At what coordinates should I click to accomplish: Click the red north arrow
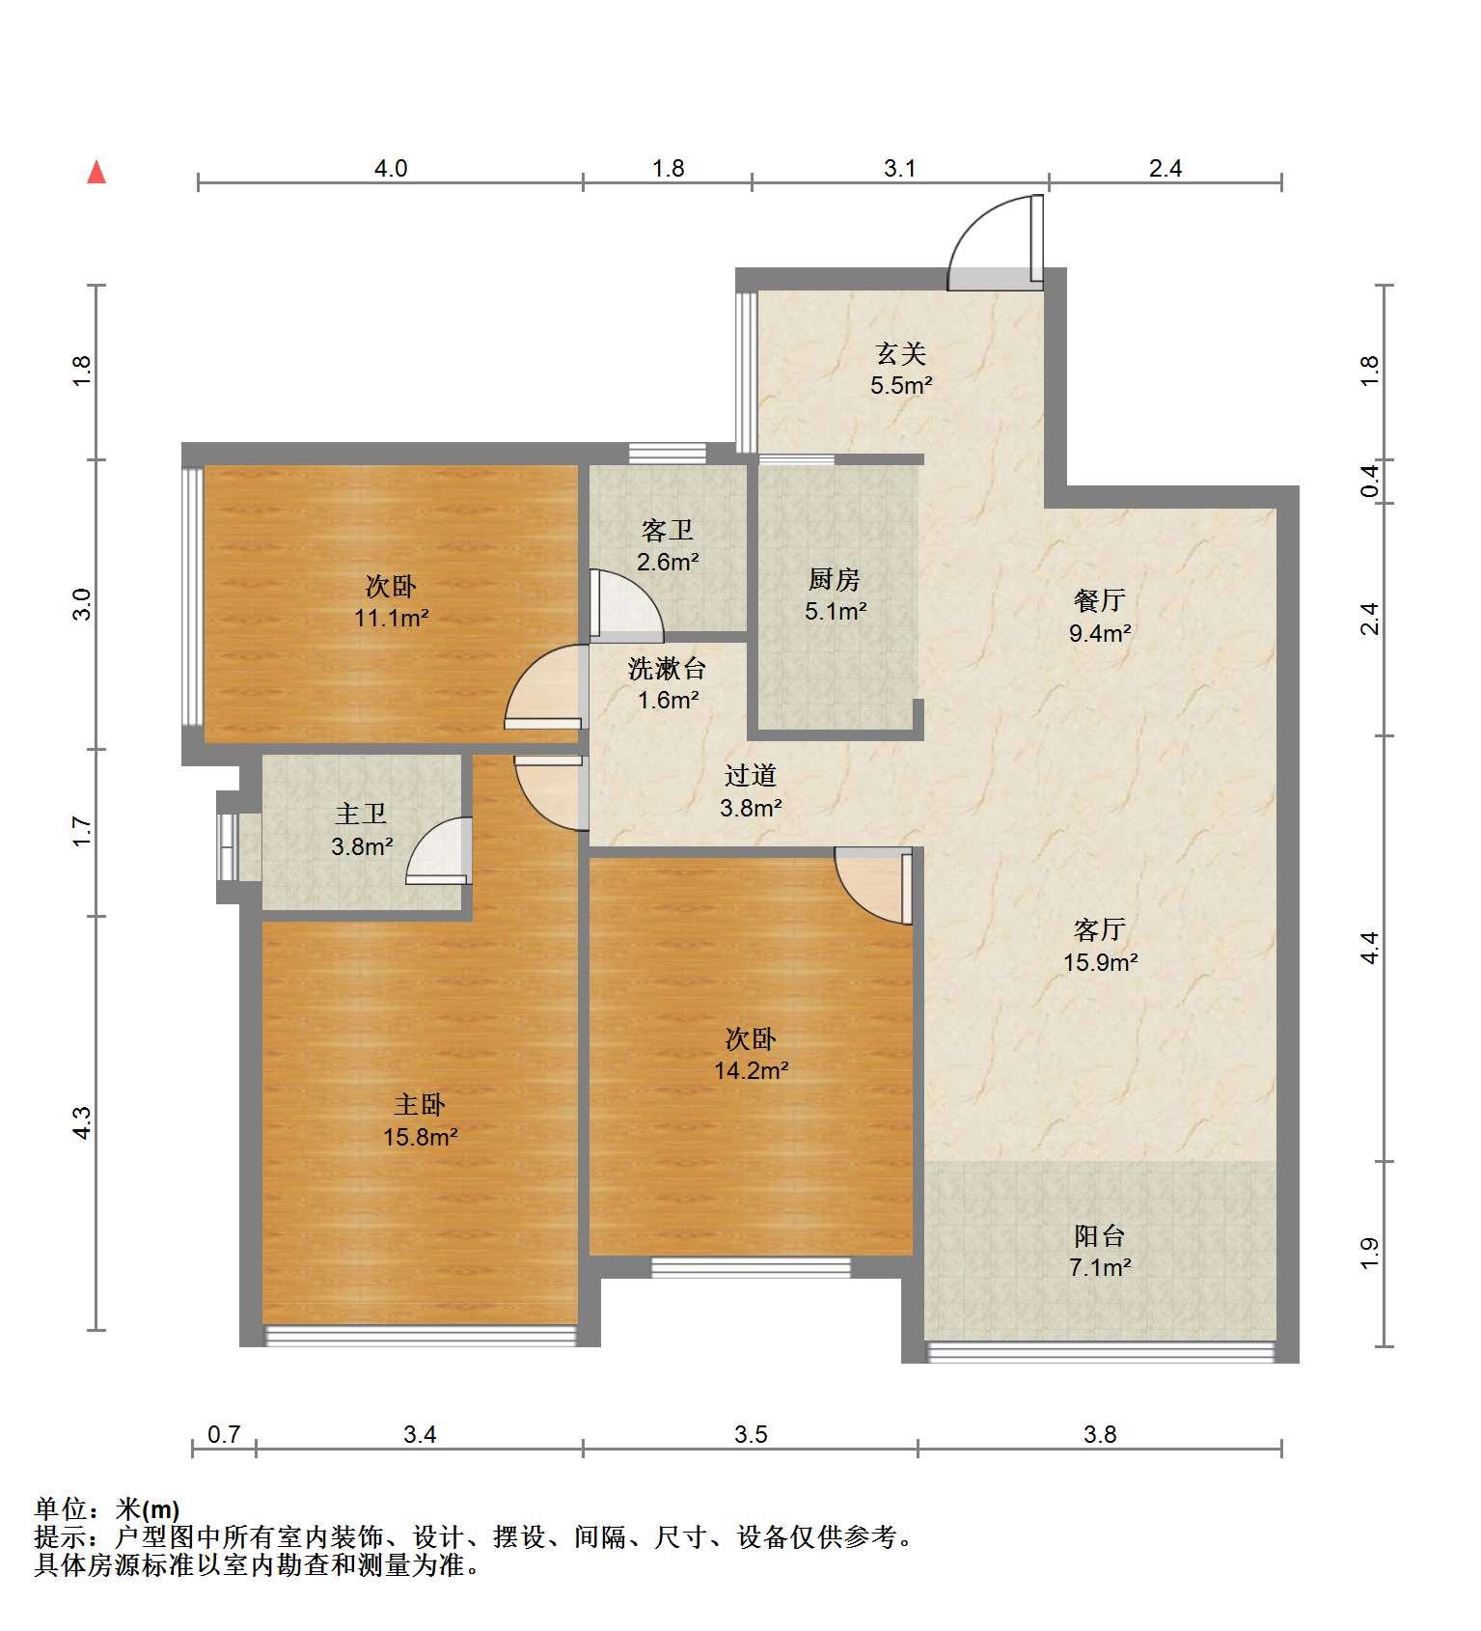(x=96, y=172)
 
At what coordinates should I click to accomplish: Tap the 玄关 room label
(x=900, y=354)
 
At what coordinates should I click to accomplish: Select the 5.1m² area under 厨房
(x=836, y=611)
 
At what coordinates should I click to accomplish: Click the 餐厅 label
(x=1099, y=600)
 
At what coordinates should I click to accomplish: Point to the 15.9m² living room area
(x=1100, y=962)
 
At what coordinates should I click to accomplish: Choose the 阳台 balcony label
(x=1099, y=1235)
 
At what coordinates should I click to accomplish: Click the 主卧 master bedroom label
(x=420, y=1104)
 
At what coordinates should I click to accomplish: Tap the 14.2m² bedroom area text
(x=752, y=1070)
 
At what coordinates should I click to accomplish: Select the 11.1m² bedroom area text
(x=391, y=618)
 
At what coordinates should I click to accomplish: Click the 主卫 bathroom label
(x=361, y=815)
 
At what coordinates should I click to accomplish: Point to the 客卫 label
(x=668, y=530)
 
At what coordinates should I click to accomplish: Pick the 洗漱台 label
(x=667, y=668)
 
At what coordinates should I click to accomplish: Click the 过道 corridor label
(x=751, y=775)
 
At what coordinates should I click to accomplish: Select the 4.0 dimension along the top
(x=391, y=169)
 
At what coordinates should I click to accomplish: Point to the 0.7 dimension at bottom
(x=224, y=1434)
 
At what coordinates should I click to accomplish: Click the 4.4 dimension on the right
(x=1369, y=948)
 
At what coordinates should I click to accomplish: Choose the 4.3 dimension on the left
(x=82, y=1122)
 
